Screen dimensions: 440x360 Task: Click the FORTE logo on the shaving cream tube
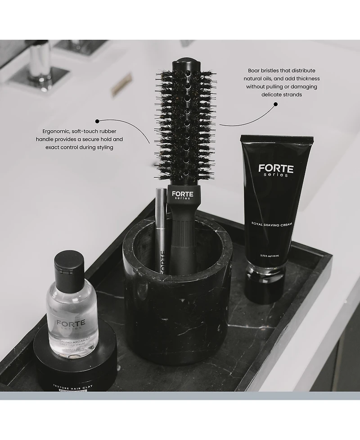click(276, 169)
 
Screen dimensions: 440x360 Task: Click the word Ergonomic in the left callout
click(54, 131)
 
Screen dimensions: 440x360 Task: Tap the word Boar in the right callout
click(255, 71)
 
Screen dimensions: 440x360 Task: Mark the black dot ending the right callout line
click(275, 104)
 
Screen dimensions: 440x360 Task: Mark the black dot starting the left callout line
click(96, 121)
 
